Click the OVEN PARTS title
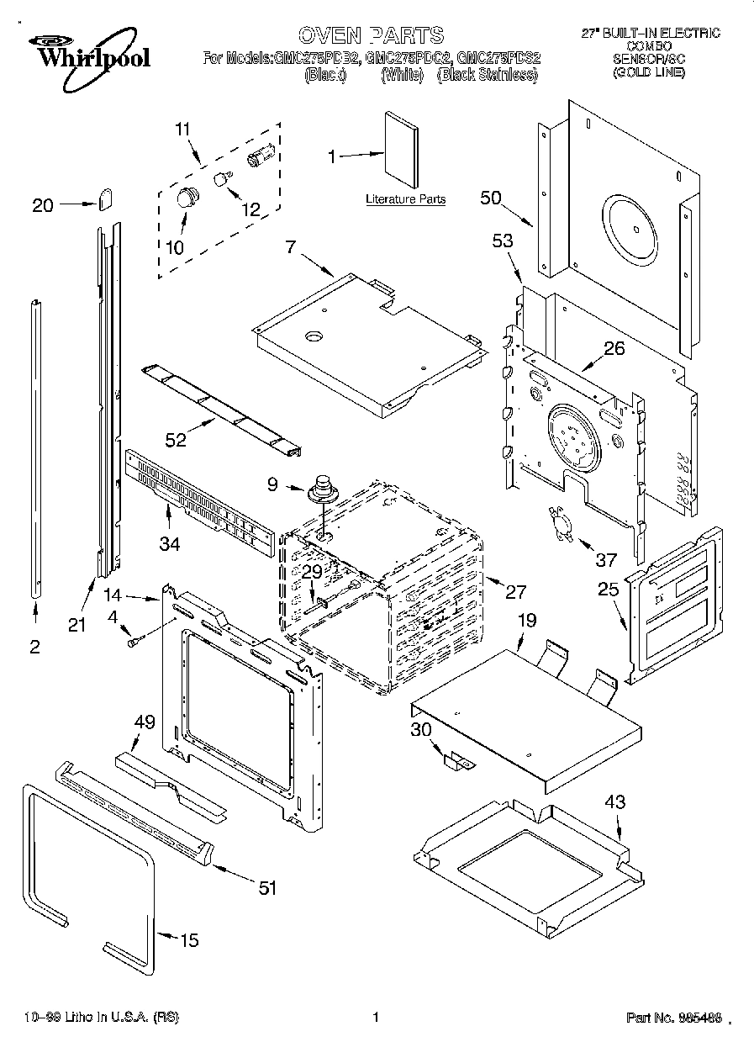371,35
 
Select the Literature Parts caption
405,199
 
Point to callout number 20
43,204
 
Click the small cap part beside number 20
105,200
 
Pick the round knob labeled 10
186,198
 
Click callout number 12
250,210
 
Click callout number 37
606,560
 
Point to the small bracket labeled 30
457,760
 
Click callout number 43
614,802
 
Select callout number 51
266,887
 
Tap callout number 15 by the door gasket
190,939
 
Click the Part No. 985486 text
673,1018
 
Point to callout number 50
491,198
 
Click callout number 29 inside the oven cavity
312,572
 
